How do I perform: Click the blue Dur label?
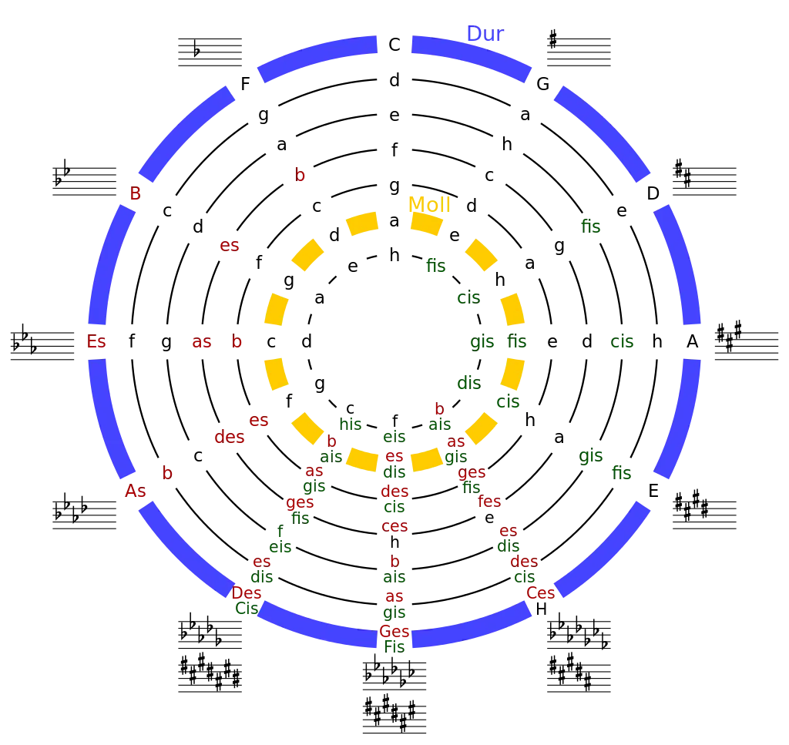pyautogui.click(x=485, y=35)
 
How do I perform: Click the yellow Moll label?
pyautogui.click(x=428, y=206)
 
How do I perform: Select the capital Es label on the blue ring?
pyautogui.click(x=97, y=342)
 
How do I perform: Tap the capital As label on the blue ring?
pyautogui.click(x=135, y=491)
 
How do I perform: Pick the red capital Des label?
pyautogui.click(x=247, y=593)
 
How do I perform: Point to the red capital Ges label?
pyautogui.click(x=394, y=633)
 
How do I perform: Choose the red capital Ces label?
pyautogui.click(x=540, y=592)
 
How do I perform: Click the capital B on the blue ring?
pyautogui.click(x=136, y=195)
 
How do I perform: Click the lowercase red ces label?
pyautogui.click(x=394, y=526)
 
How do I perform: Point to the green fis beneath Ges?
pyautogui.click(x=394, y=647)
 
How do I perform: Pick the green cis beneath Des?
pyautogui.click(x=247, y=608)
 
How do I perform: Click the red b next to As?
pyautogui.click(x=166, y=474)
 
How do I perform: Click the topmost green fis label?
pyautogui.click(x=591, y=226)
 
